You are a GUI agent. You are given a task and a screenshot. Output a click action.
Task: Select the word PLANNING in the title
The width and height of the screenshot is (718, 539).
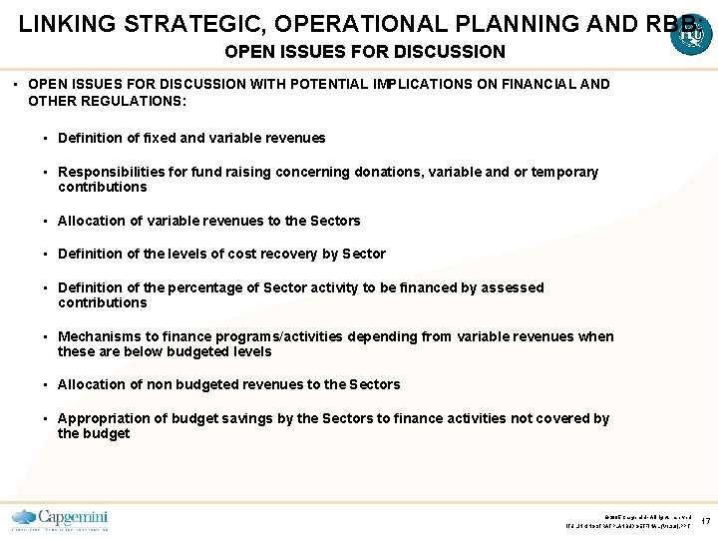[468, 23]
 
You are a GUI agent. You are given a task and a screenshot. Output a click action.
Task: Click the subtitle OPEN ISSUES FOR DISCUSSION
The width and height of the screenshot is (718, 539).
[365, 51]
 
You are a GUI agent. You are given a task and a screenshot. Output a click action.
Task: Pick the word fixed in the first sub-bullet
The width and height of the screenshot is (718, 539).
[168, 138]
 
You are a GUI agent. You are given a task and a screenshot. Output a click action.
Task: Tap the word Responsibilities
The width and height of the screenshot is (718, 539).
[112, 172]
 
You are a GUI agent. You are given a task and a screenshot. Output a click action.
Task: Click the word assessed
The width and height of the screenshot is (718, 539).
[511, 287]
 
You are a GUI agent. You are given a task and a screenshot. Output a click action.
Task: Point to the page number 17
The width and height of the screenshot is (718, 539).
[705, 521]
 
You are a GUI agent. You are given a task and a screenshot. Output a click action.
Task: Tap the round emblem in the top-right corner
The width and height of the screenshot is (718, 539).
[691, 35]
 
